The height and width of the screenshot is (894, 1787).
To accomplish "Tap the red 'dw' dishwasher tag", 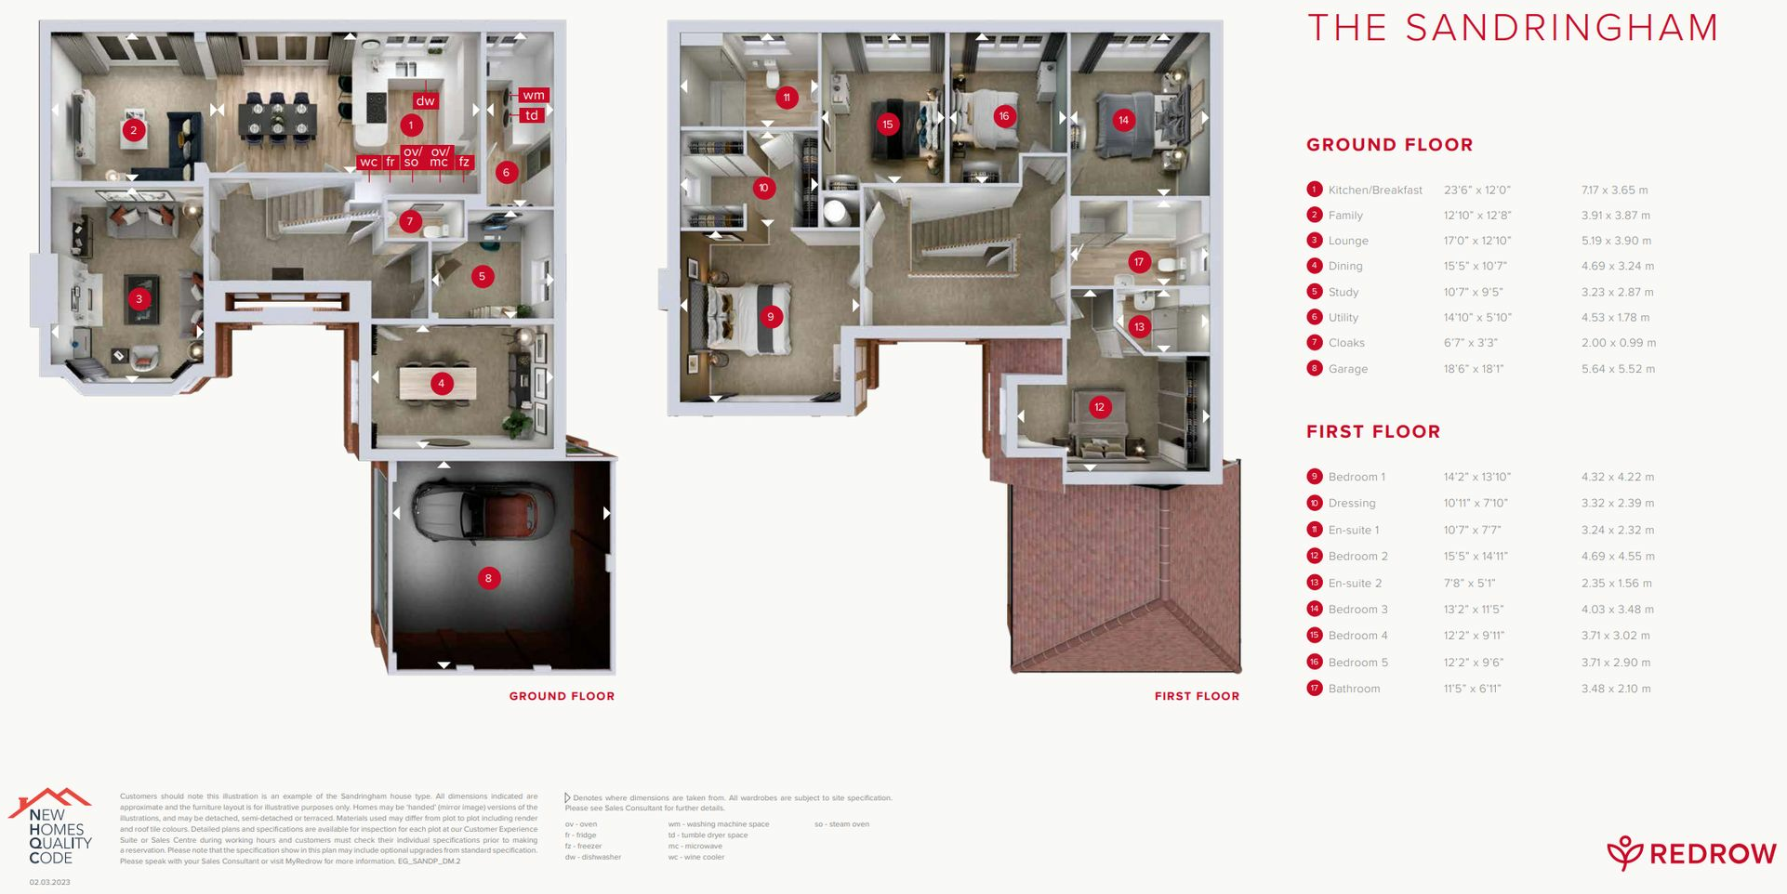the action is point(425,101).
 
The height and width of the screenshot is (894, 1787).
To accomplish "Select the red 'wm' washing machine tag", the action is point(533,95).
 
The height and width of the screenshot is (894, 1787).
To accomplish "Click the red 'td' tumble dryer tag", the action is point(531,115).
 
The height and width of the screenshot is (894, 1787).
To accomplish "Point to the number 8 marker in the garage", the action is point(488,578).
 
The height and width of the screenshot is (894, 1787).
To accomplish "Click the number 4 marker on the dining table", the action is point(441,383).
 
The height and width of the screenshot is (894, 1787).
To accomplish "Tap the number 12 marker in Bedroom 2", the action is point(1100,407).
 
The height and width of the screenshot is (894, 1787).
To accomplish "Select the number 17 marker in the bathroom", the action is point(1139,262).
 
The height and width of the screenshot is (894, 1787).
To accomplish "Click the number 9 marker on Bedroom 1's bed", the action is point(770,317).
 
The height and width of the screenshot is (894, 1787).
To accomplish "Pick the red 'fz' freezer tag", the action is point(464,162).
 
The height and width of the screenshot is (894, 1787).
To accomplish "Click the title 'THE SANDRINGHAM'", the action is point(1513,28).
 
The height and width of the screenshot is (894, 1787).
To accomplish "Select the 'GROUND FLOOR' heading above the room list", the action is point(1389,145).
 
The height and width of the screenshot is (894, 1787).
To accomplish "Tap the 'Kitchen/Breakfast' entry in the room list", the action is point(1374,191).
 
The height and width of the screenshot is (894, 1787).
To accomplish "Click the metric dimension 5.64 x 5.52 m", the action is point(1618,369).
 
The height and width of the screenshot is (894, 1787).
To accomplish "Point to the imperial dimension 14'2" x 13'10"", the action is point(1476,478).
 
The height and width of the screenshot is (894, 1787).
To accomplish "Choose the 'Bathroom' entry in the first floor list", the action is point(1354,689).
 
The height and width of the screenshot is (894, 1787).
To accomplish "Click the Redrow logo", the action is point(1691,852).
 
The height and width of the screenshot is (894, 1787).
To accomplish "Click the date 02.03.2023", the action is point(49,882).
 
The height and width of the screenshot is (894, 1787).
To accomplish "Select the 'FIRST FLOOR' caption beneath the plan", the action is point(1197,696).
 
